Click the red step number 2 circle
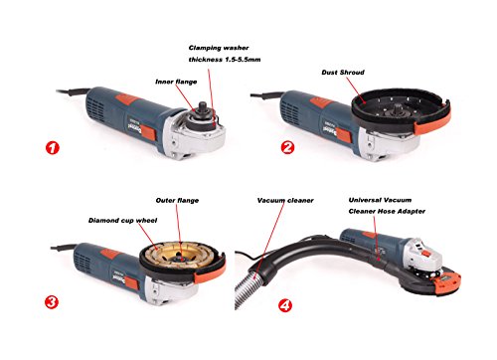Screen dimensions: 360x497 [x=287, y=149]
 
